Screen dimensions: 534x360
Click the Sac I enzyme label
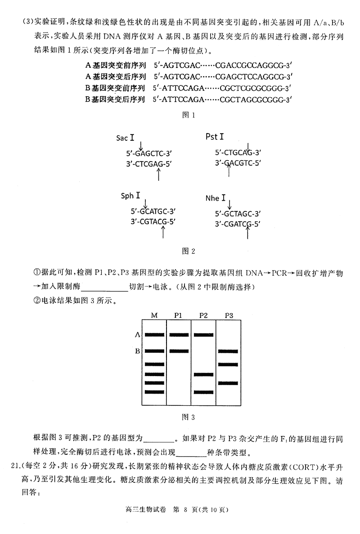coord(125,137)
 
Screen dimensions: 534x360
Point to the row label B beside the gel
coord(138,351)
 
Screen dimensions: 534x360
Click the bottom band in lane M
coord(154,392)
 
